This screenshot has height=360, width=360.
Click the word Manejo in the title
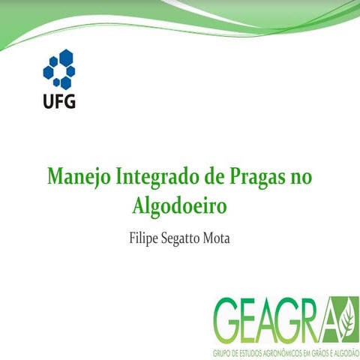pos(78,178)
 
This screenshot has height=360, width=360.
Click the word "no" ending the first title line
pos(300,178)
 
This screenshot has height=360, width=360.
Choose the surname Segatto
pos(184,242)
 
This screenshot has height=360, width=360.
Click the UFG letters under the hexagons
pos(58,100)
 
